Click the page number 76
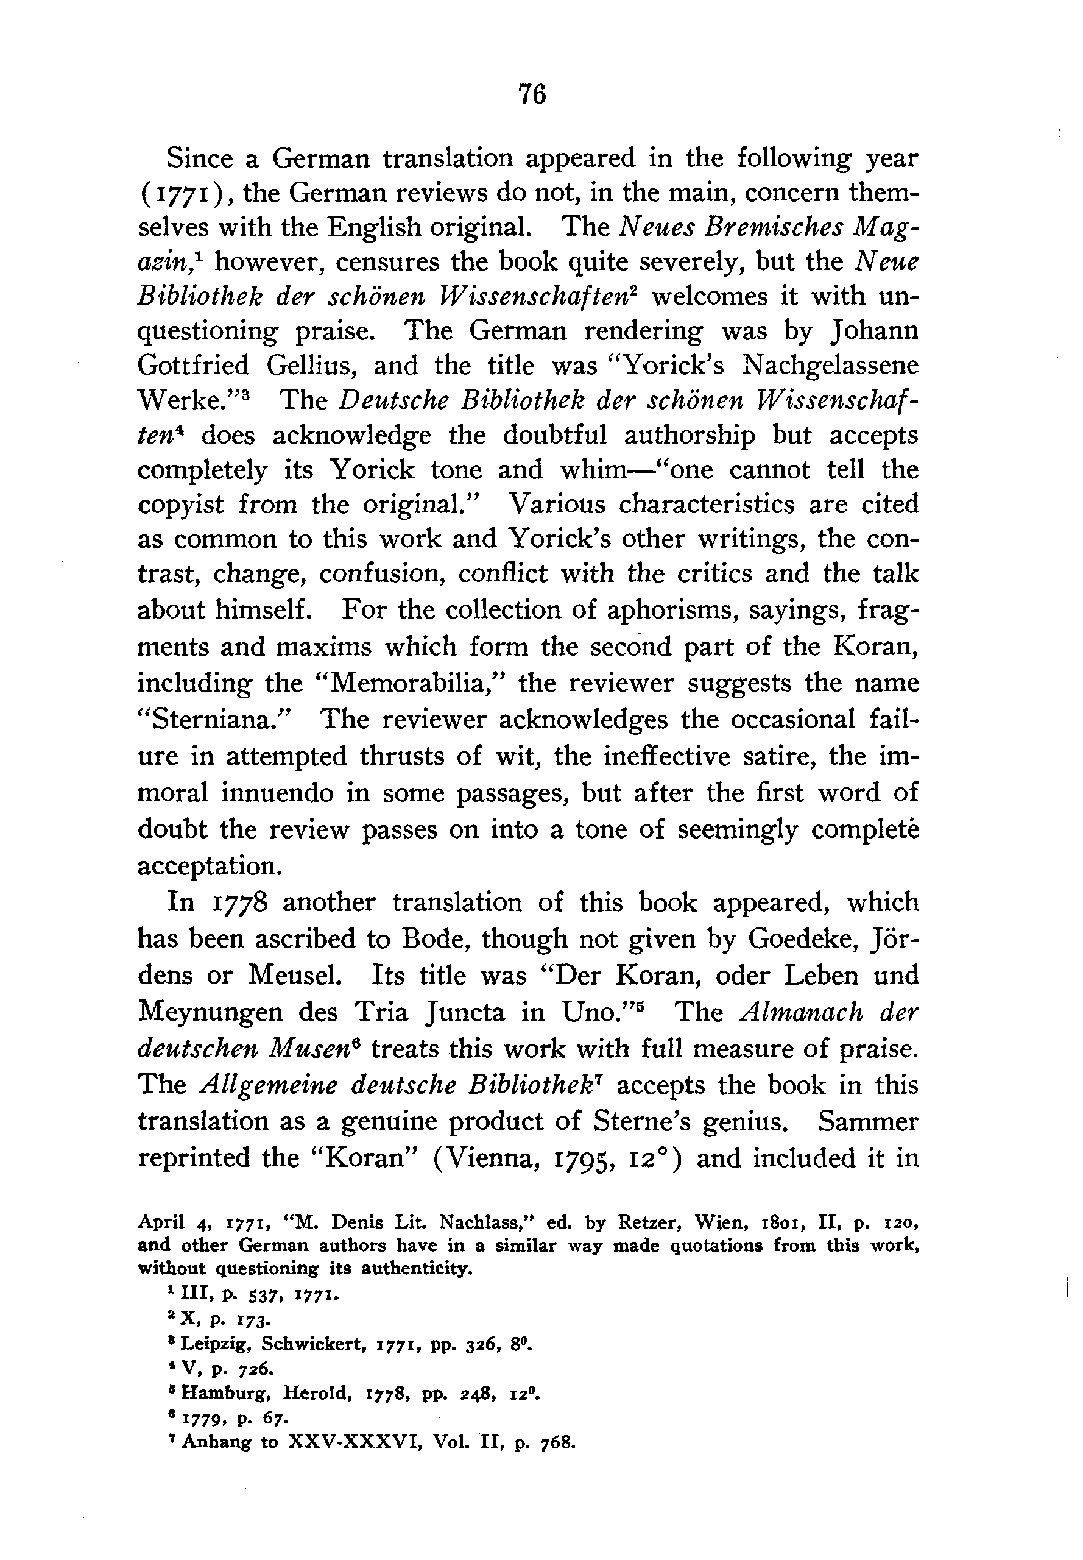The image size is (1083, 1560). [531, 94]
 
